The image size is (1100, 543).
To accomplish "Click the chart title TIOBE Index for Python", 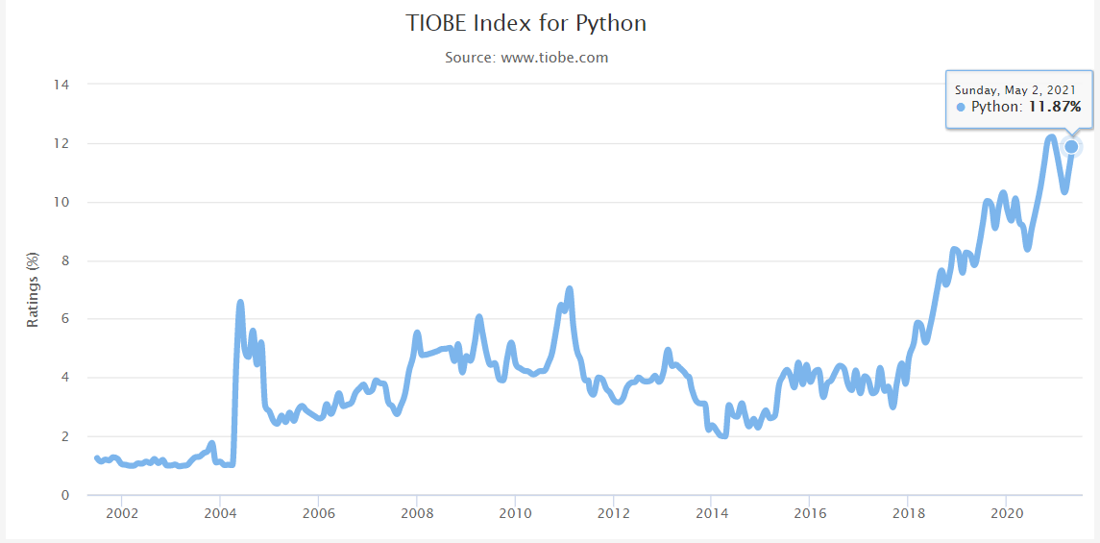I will (x=526, y=23).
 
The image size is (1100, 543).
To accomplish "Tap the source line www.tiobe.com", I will (x=526, y=58).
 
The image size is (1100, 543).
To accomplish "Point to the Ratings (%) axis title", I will (x=33, y=289).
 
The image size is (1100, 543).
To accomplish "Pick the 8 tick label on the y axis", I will (x=64, y=260).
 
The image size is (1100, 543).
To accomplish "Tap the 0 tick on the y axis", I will (x=64, y=495).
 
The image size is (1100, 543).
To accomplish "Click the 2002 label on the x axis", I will (x=121, y=514).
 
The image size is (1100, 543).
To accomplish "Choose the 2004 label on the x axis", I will (x=220, y=514).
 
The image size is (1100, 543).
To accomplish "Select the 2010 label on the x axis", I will (x=515, y=514).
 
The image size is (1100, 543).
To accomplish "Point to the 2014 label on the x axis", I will (x=711, y=514).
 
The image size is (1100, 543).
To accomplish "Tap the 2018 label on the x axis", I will (x=907, y=514).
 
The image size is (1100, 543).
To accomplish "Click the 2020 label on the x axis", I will (x=1006, y=514).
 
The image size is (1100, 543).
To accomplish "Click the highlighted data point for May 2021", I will (x=1071, y=147).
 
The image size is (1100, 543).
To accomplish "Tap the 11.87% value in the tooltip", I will (x=1055, y=107).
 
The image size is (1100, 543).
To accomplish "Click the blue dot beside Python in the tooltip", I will (x=961, y=107).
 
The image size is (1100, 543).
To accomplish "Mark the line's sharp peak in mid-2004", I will (x=240, y=303).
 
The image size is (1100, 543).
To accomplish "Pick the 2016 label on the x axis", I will (x=809, y=514).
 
